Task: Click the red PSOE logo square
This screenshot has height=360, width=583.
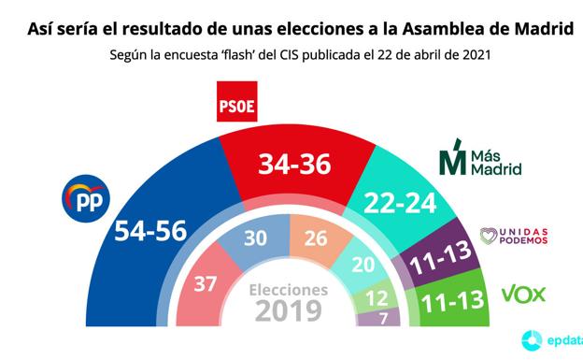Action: tap(239, 104)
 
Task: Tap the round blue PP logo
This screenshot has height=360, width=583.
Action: tap(86, 198)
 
